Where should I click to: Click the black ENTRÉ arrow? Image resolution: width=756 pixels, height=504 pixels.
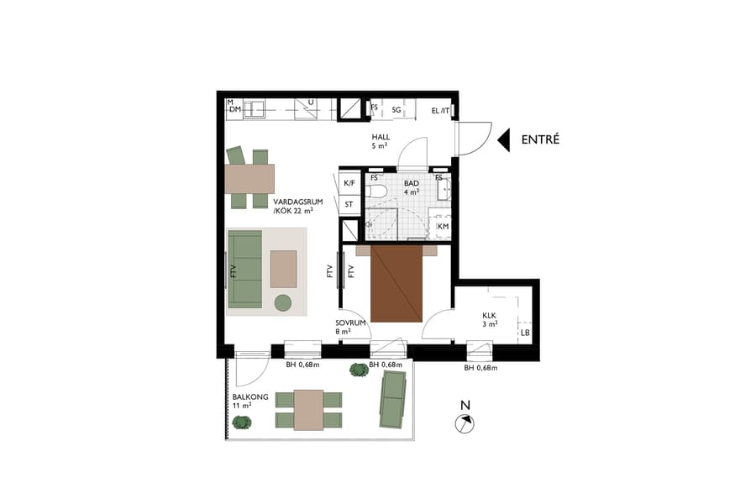pyautogui.click(x=504, y=139)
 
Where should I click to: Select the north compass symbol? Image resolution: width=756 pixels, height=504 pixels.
pyautogui.click(x=464, y=423)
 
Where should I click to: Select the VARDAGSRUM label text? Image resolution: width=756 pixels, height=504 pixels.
pyautogui.click(x=294, y=202)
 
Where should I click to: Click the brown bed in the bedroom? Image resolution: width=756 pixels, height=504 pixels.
pyautogui.click(x=396, y=282)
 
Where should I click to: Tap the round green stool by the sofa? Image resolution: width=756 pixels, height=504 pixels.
pyautogui.click(x=282, y=302)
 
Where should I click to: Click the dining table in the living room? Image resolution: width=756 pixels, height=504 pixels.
pyautogui.click(x=249, y=177)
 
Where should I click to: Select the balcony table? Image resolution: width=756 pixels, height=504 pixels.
pyautogui.click(x=308, y=409)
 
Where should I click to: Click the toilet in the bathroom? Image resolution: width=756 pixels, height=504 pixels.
pyautogui.click(x=375, y=192)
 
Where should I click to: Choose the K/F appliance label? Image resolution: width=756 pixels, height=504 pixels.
pyautogui.click(x=349, y=182)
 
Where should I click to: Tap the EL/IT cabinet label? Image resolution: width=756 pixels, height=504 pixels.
pyautogui.click(x=440, y=111)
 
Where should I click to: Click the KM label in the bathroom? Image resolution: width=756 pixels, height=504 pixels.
pyautogui.click(x=443, y=227)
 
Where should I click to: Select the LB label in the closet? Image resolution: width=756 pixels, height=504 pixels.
pyautogui.click(x=524, y=333)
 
